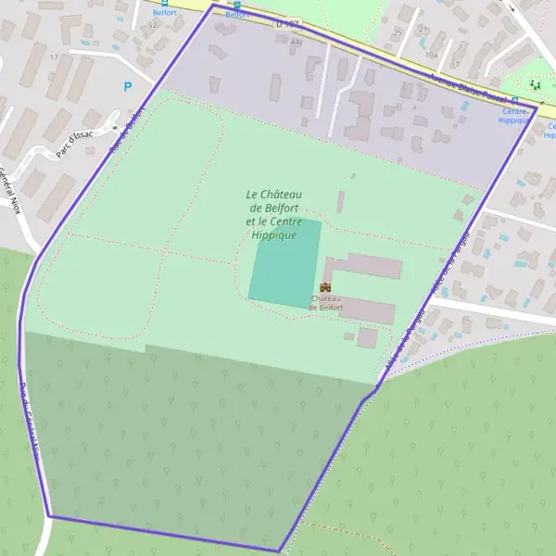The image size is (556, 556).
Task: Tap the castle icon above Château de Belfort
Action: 325,288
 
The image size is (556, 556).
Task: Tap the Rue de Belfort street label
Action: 128,133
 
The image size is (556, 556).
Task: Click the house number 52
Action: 152,25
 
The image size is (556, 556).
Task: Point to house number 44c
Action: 297,42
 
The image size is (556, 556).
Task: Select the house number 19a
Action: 431,55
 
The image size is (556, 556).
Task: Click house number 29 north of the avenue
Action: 398,31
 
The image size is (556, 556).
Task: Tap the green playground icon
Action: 534,84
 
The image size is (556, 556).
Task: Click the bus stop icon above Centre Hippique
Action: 515,100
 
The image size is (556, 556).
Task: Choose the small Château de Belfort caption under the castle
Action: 326,302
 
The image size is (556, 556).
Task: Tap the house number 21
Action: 423,29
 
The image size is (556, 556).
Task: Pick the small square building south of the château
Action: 367,337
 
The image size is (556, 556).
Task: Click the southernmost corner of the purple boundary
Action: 278,551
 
